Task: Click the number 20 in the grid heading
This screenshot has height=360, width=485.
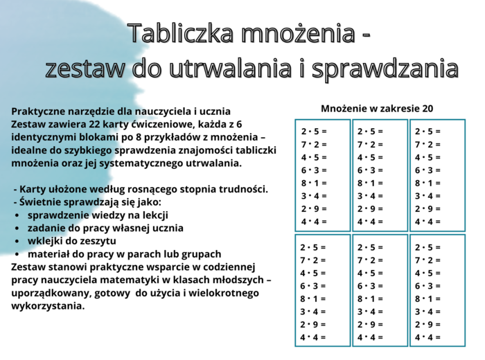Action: click(x=427, y=109)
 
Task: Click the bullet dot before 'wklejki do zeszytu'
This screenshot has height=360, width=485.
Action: click(x=17, y=242)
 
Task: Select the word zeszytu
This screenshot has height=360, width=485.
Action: click(x=97, y=241)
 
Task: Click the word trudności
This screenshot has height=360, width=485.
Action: click(x=245, y=189)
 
